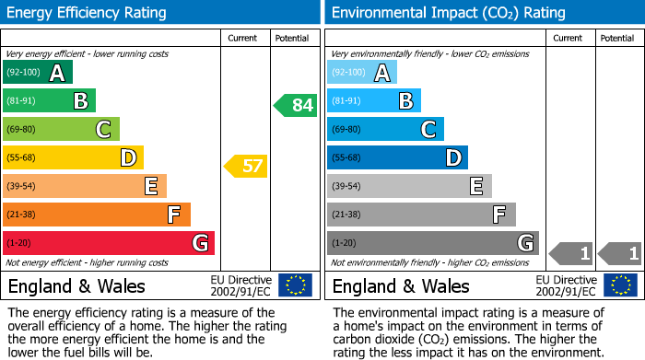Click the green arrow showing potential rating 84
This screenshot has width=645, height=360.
coord(296,105)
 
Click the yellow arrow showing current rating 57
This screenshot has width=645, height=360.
coord(246,167)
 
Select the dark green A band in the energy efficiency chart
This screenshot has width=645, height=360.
coord(38,73)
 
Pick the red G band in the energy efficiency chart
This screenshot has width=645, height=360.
coord(109,243)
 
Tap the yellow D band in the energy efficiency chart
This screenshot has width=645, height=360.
coord(73,157)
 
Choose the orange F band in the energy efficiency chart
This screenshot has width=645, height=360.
coord(97,215)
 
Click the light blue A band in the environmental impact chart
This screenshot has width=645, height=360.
coord(362,73)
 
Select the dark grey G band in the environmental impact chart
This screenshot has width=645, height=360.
coord(432,243)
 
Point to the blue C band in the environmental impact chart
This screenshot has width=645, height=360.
coord(385,129)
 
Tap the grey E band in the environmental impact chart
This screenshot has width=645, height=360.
coord(409,186)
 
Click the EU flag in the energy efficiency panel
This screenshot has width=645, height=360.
coord(295,285)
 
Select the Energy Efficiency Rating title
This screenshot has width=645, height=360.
coord(88,13)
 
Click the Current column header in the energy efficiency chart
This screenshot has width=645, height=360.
coord(242,38)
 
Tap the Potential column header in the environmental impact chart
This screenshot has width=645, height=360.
coord(617,38)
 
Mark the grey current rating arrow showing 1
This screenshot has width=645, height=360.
coord(571,252)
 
